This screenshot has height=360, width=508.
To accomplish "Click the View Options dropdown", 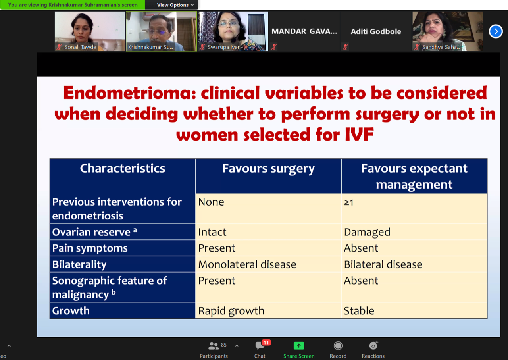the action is pos(175,5).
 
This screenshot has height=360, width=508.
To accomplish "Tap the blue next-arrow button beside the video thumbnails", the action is pos(496,31).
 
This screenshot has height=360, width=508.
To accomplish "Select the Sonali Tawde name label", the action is pos(80,47).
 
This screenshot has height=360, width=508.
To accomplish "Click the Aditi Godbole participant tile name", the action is pos(376,31).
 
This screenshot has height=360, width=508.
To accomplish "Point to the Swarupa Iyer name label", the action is pos(223,47).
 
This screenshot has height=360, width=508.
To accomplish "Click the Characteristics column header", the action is pos(123,168).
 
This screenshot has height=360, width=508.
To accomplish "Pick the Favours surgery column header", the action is pos(268,169).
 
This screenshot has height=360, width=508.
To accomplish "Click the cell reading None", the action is pos(211,202).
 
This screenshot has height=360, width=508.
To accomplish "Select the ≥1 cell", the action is pos(348,202).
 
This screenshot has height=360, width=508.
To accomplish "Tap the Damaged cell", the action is pos(367,232).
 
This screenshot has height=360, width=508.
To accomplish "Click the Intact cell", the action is pos(212,232).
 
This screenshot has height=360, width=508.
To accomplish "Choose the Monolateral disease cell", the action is pos(247,264).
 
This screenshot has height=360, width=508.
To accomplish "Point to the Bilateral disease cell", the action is pos(383,264).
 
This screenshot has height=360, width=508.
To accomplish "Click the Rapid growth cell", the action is pos(231,311).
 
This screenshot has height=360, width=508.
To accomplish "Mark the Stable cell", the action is pos(359,310).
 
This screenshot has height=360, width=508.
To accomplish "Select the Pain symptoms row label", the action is pos(90,248).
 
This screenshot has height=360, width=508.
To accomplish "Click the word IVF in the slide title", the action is pos(359,135).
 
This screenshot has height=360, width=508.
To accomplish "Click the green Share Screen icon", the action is pos(299,345).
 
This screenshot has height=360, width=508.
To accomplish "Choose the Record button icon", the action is pos(338,345).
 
